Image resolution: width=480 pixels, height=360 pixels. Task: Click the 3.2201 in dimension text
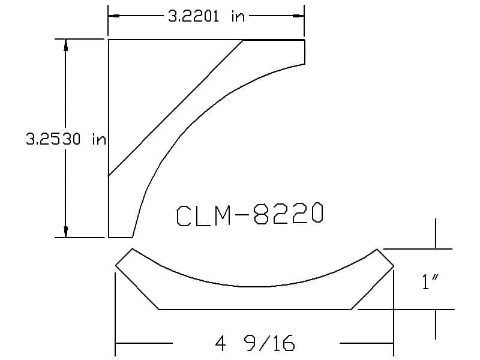(x=206, y=16)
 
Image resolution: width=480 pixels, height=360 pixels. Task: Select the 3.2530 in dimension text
(x=66, y=139)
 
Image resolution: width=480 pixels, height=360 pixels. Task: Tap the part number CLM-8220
(x=250, y=214)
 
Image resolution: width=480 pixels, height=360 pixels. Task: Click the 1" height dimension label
(x=430, y=281)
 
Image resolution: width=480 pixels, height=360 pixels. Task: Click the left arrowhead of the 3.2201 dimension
(x=114, y=16)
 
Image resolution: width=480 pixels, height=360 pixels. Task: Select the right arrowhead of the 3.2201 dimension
(x=298, y=16)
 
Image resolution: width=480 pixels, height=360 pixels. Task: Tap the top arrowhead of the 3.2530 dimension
(x=65, y=44)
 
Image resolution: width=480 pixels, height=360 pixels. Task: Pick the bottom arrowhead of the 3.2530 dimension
(x=65, y=232)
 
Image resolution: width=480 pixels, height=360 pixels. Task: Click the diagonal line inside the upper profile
(x=176, y=108)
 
